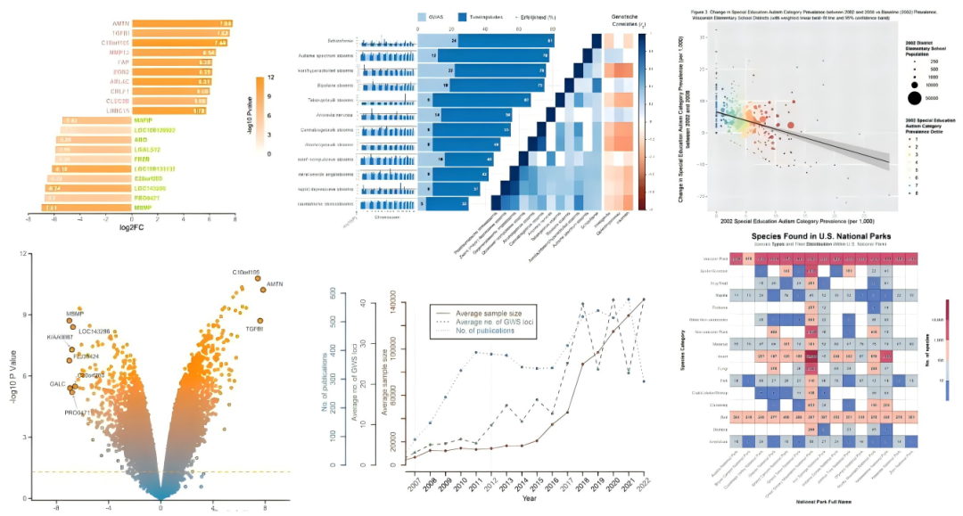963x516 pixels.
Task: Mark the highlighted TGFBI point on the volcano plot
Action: (260, 321)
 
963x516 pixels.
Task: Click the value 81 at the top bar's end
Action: (550, 41)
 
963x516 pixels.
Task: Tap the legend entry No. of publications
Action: (478, 331)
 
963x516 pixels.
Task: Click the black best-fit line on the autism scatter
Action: (802, 137)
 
